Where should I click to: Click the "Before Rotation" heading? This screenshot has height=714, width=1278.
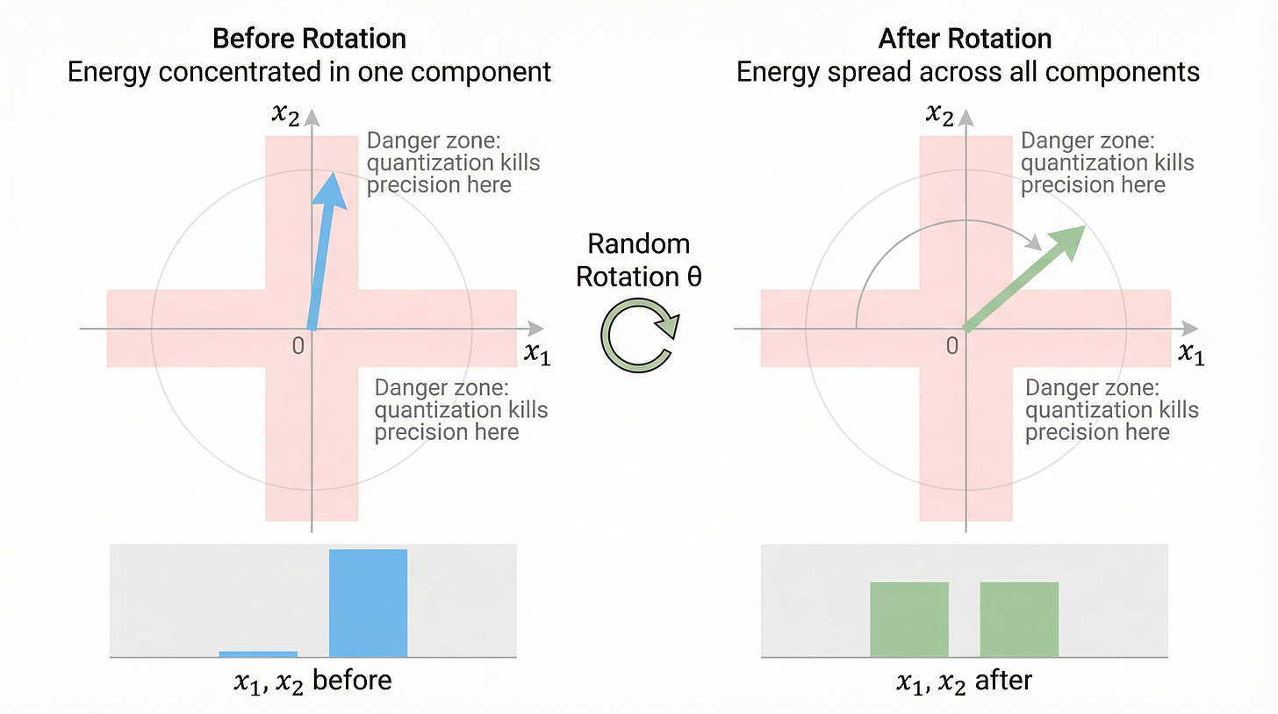[x=309, y=39]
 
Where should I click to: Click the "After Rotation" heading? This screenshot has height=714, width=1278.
[x=965, y=39]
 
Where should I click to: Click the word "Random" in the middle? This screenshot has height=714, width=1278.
[x=639, y=243]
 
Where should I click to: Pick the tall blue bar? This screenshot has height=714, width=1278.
[x=368, y=602]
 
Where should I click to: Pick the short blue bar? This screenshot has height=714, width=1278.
[x=258, y=653]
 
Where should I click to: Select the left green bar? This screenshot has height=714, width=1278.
[x=908, y=619]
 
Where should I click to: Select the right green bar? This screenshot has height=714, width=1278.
[x=1018, y=619]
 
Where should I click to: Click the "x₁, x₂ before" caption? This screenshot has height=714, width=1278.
[x=312, y=682]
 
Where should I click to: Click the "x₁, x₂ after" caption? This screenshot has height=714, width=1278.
[x=965, y=682]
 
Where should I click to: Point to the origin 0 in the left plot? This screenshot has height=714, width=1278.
[x=298, y=345]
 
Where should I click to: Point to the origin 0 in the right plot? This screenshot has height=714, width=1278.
[x=952, y=345]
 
